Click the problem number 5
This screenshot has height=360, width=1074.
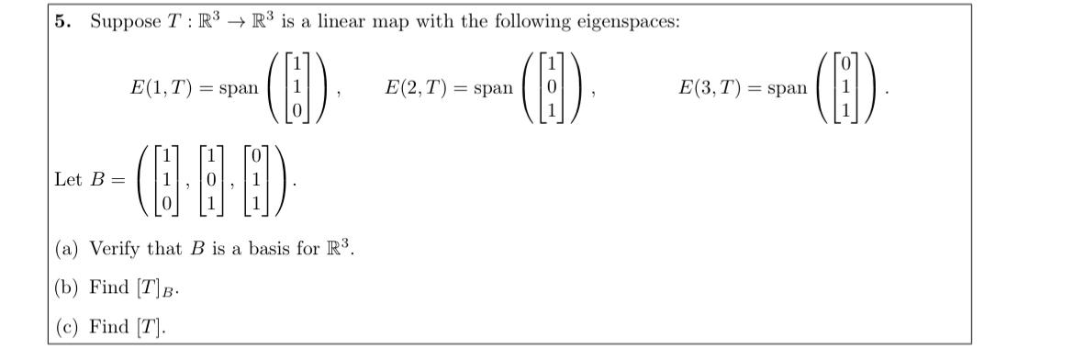tap(62, 22)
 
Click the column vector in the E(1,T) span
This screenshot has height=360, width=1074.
tap(296, 88)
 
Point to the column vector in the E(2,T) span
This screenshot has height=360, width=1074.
tap(551, 88)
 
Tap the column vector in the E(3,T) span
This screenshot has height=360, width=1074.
tap(845, 88)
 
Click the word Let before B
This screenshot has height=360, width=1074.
tap(68, 181)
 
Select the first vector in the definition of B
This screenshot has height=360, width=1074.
tap(166, 181)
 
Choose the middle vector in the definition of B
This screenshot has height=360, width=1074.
tap(211, 181)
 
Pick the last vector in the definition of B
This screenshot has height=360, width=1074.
tap(258, 181)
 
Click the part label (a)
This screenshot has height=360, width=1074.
tap(66, 248)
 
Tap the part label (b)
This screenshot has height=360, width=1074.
tap(66, 287)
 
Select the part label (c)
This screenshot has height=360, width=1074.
tap(66, 327)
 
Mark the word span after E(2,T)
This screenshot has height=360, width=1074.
tap(493, 88)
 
